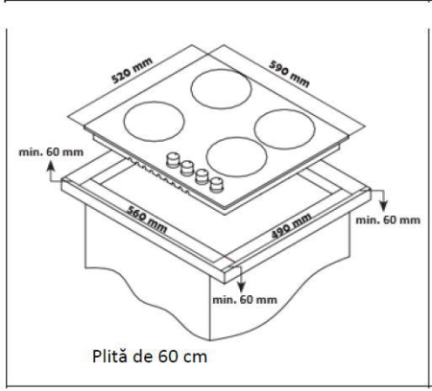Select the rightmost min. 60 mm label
pyautogui.click(x=387, y=220)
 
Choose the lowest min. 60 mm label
pyautogui.click(x=244, y=300)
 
